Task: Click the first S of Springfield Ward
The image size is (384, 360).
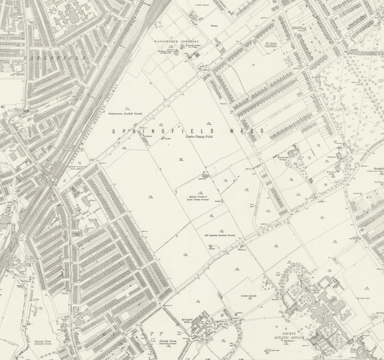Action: tap(114, 131)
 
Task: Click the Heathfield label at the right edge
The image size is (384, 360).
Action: tap(378, 168)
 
